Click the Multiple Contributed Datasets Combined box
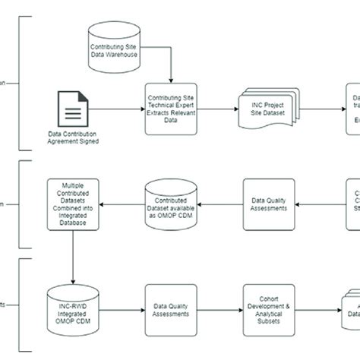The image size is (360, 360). [x=73, y=201]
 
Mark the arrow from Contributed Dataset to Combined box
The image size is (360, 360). [x=122, y=201]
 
